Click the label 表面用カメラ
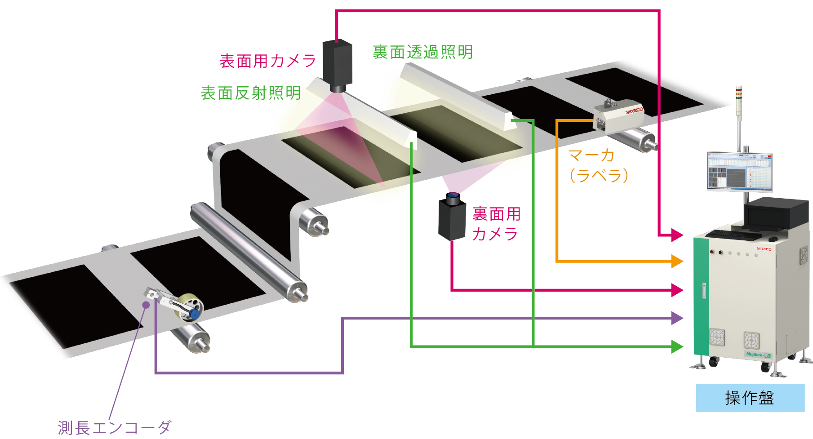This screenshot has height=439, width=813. pos(268,61)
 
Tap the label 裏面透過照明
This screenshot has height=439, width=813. pos(423,52)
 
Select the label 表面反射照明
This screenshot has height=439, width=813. pos(250,93)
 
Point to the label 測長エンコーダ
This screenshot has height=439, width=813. pos(115,427)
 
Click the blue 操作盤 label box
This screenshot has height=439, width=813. pos(750,398)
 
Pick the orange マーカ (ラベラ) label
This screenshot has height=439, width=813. pos(598,165)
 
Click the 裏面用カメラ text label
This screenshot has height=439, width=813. pos(496,224)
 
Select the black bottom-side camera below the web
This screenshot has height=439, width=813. pos(452,218)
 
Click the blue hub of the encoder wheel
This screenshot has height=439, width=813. pos(194,313)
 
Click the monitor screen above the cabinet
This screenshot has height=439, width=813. pos(739,171)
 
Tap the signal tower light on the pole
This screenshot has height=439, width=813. pos(738,95)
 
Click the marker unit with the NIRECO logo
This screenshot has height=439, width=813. pos(618,116)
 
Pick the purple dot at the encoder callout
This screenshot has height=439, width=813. pos(146,305)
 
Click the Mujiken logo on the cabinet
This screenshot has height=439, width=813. pos(758,355)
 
